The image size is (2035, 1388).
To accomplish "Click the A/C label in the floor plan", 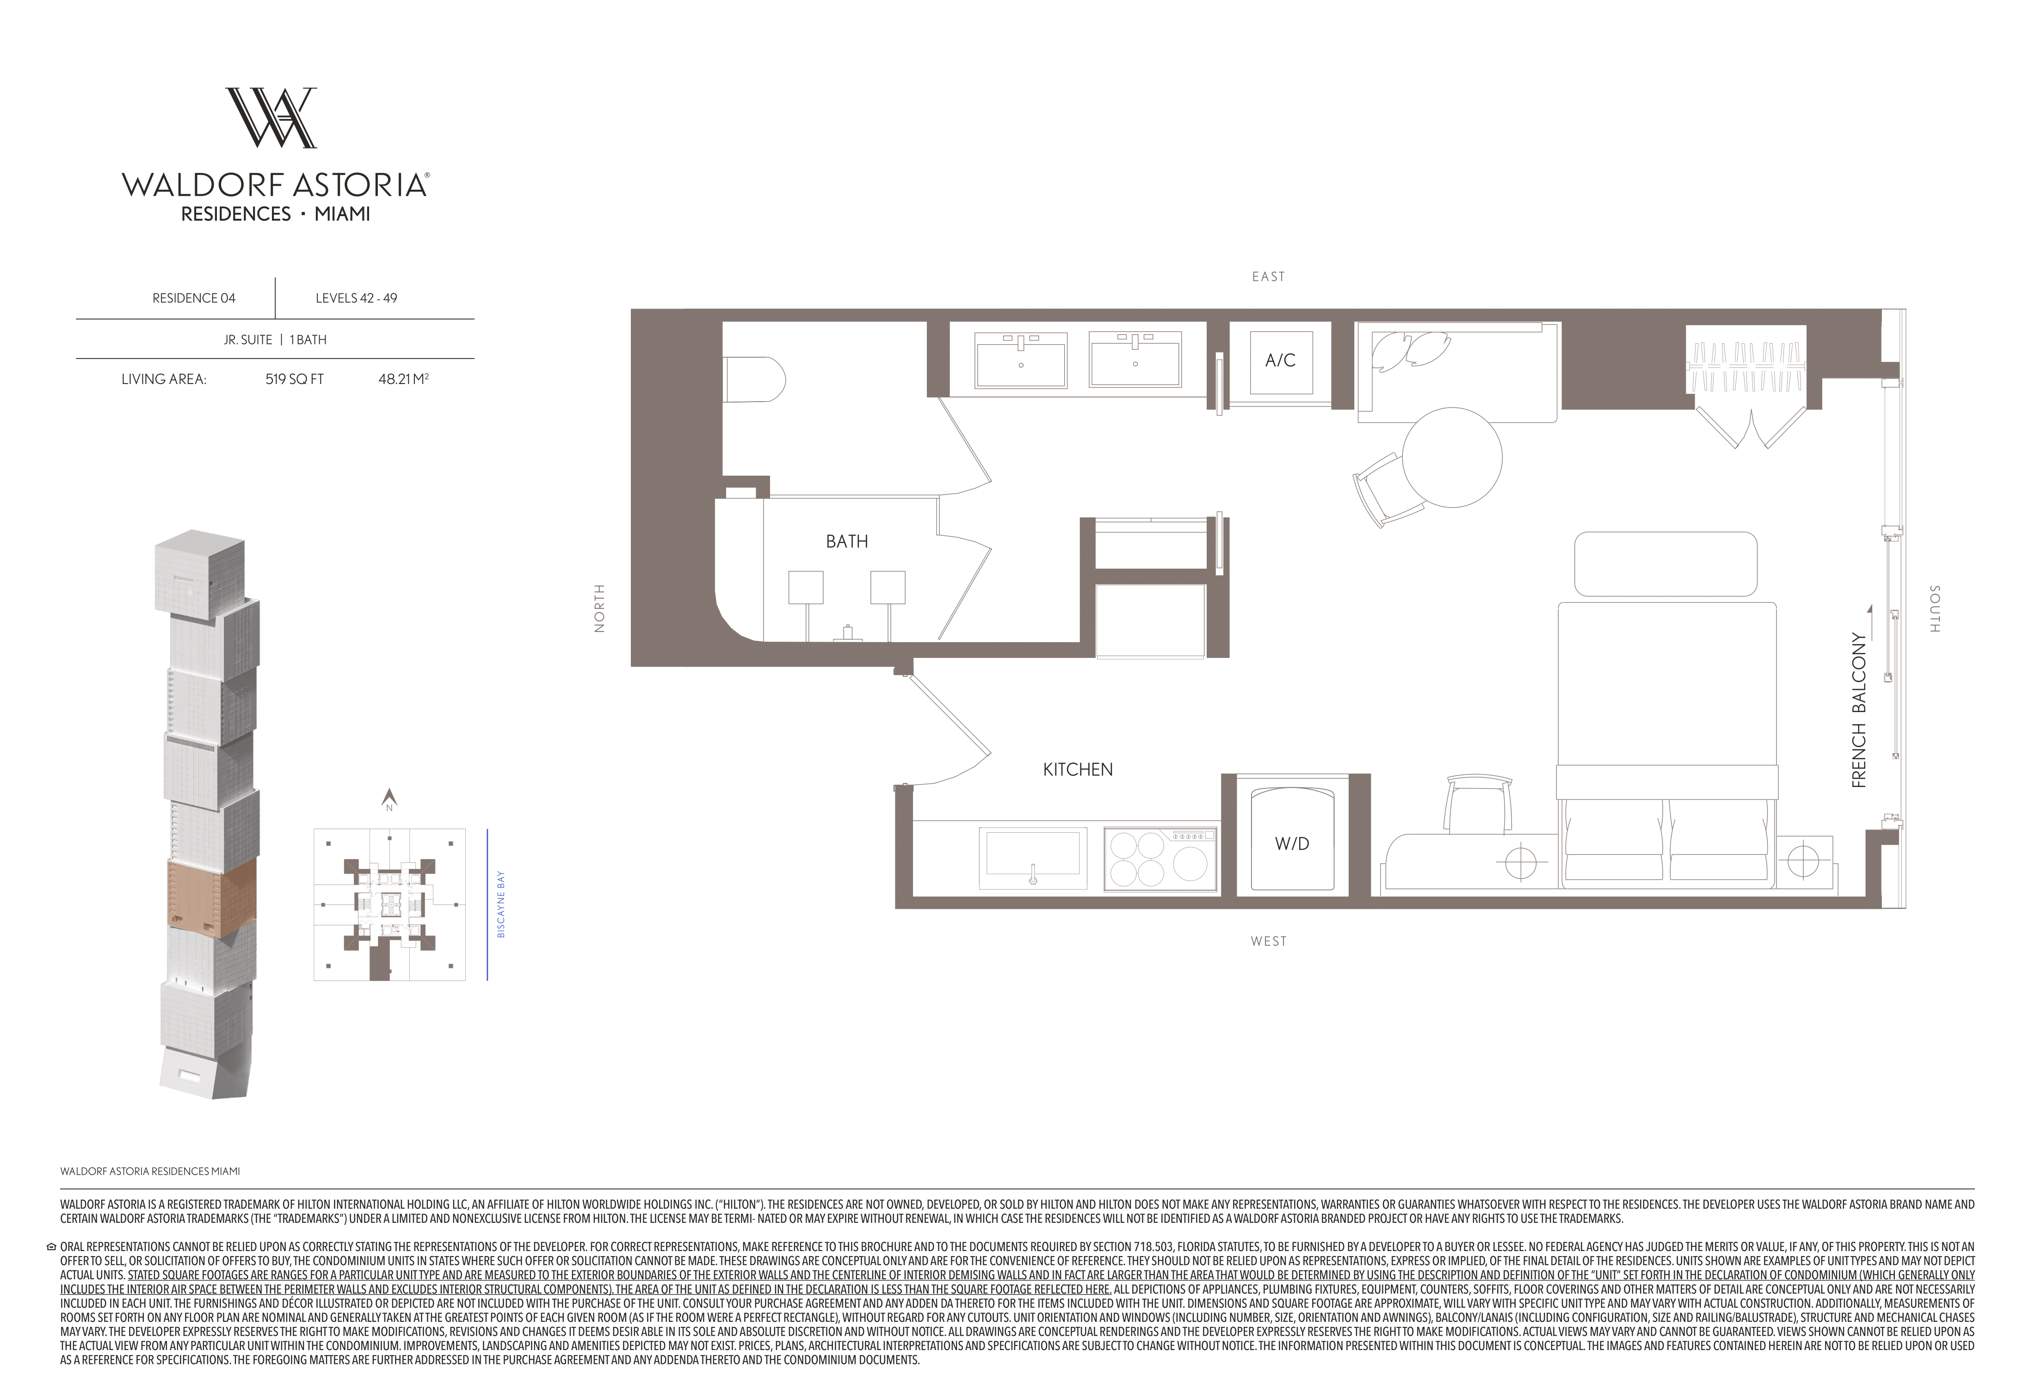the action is point(1280,360).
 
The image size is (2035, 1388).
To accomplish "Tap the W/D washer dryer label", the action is point(1292,843).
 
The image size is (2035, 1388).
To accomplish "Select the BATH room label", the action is point(847,541).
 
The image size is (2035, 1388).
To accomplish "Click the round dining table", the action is point(1452,457).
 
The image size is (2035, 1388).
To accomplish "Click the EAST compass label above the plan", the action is point(1268,277).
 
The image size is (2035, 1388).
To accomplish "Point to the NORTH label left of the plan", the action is point(600,608).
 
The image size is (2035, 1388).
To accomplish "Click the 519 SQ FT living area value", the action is point(294,379).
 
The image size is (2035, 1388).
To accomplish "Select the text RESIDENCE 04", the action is point(193,298).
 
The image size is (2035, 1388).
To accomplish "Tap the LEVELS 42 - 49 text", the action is point(357,298).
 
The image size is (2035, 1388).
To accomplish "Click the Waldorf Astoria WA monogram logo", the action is point(271,118).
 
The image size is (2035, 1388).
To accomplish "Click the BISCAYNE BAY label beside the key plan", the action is point(501,904).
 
